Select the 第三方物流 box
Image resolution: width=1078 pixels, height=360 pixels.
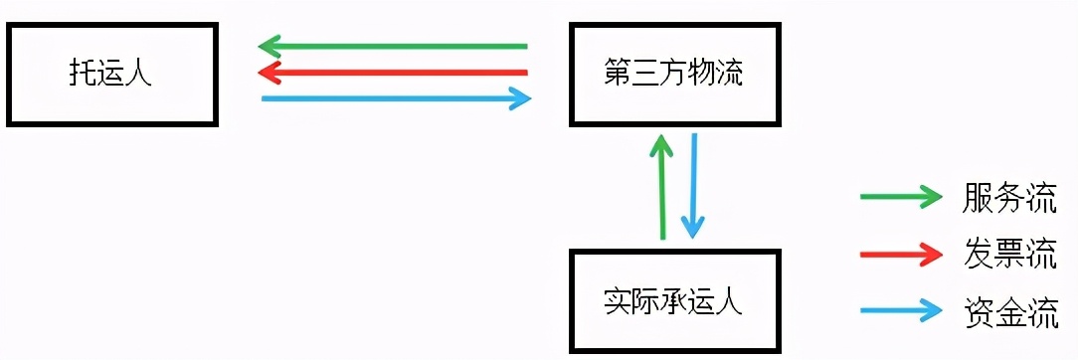click(672, 75)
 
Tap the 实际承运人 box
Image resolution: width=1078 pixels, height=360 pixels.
click(672, 301)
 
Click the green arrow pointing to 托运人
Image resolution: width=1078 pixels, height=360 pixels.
click(393, 46)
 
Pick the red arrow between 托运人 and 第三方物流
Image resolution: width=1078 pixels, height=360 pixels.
click(393, 72)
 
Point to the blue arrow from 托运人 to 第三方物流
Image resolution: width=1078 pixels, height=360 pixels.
click(396, 97)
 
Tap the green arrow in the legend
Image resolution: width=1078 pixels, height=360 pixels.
click(900, 197)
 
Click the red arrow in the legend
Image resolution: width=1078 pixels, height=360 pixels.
click(900, 253)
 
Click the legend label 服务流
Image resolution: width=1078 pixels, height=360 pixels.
click(1008, 197)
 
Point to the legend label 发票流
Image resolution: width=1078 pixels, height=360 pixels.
click(1008, 253)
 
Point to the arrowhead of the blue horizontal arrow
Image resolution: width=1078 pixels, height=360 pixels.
click(522, 97)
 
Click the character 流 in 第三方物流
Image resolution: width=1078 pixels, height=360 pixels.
click(729, 75)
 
